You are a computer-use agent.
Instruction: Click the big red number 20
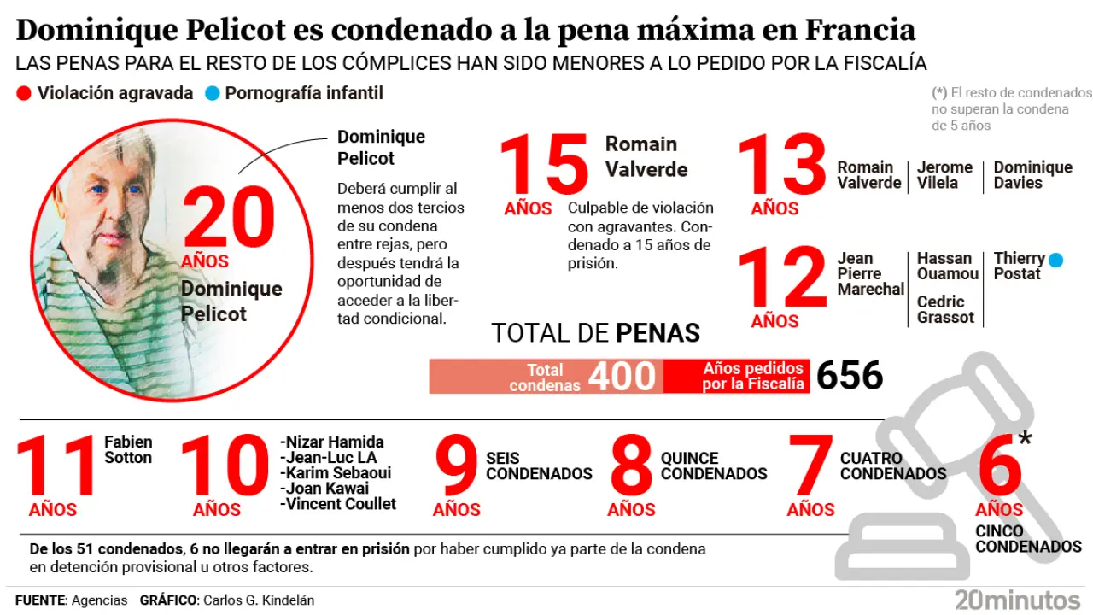[x=229, y=219]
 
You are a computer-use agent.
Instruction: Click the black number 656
[x=849, y=376]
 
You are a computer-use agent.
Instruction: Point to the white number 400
[x=622, y=376]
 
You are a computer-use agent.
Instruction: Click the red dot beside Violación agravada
[x=24, y=93]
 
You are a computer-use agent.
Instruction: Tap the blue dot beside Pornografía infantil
[x=213, y=93]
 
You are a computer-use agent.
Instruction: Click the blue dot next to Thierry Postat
[x=1055, y=260]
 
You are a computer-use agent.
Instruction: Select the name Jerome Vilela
[x=944, y=175]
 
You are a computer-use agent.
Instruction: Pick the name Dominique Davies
[x=1032, y=175]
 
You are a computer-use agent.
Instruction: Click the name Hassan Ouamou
[x=947, y=266]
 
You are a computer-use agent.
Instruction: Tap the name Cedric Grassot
[x=945, y=310]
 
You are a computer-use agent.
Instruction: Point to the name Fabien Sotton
[x=128, y=449]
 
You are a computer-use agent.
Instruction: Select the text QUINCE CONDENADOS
[x=714, y=466]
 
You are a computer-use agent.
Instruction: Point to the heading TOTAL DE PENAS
[x=595, y=332]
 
